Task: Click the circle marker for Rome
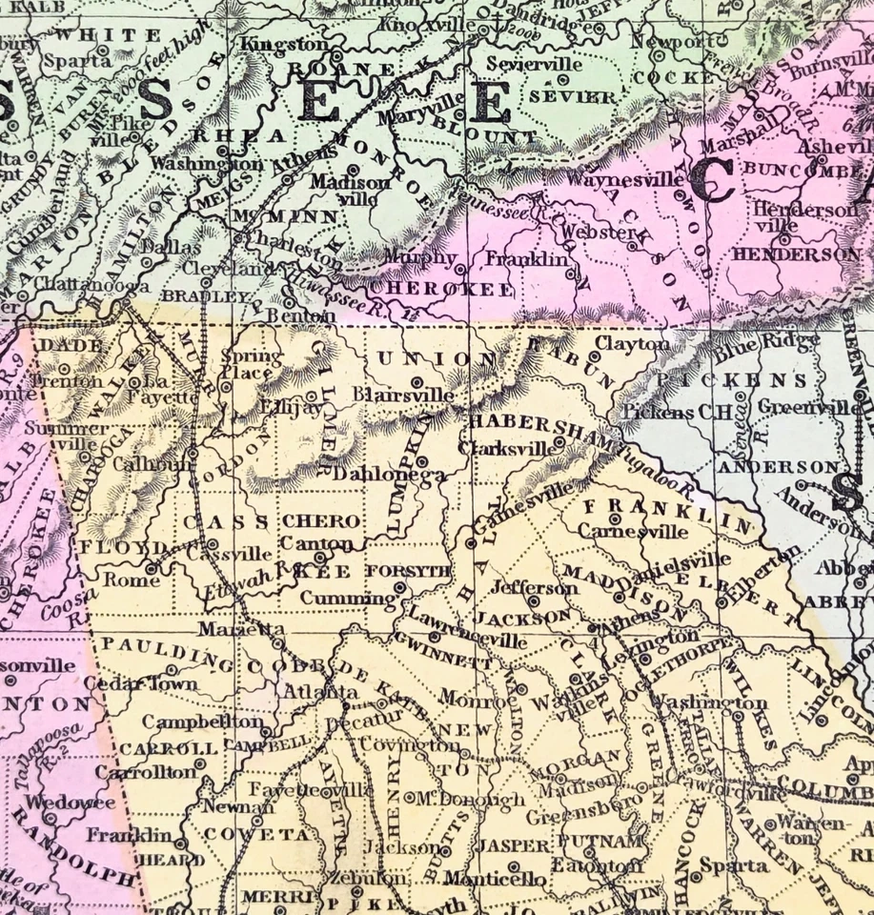click(x=151, y=568)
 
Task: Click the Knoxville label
click(x=424, y=24)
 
